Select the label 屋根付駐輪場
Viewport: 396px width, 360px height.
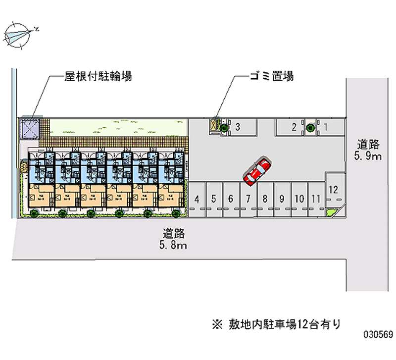tap(98, 76)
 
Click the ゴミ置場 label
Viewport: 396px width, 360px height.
tap(271, 76)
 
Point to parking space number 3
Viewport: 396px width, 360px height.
tap(238, 127)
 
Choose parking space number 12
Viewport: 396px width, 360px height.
tap(333, 189)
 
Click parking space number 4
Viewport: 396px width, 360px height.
tap(197, 200)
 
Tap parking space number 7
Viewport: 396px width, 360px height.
tap(248, 200)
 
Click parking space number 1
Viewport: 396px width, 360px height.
tap(326, 127)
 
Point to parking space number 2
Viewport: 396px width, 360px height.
tap(294, 127)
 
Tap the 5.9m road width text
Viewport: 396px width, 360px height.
tap(369, 157)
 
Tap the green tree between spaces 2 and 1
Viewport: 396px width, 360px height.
tap(310, 127)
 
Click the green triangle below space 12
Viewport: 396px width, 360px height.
tap(331, 212)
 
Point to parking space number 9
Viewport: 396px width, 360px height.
tap(282, 200)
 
